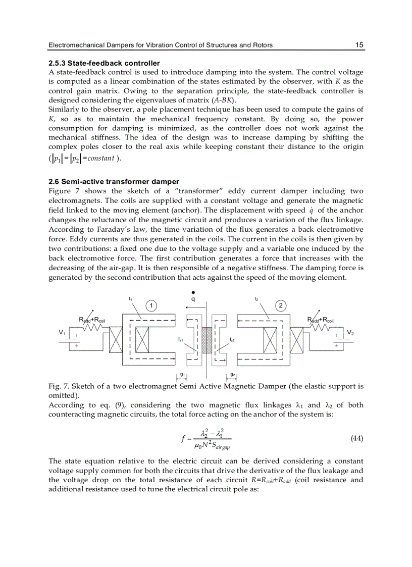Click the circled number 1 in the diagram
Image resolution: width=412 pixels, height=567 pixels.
pos(150,305)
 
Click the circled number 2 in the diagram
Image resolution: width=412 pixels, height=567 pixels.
pos(280,305)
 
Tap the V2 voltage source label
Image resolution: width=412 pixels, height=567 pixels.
pos(350,332)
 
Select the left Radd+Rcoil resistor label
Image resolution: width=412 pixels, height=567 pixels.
pos(92,320)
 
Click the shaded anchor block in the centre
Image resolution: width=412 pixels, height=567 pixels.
pos(206,342)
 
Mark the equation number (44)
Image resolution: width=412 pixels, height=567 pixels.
pos(356,438)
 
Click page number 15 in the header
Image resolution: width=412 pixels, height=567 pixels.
pos(359,45)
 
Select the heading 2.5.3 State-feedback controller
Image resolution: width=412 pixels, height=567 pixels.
pos(104,63)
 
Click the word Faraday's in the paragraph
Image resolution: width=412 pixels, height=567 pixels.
pos(104,229)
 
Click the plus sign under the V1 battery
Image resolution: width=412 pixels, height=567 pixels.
pos(76,346)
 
